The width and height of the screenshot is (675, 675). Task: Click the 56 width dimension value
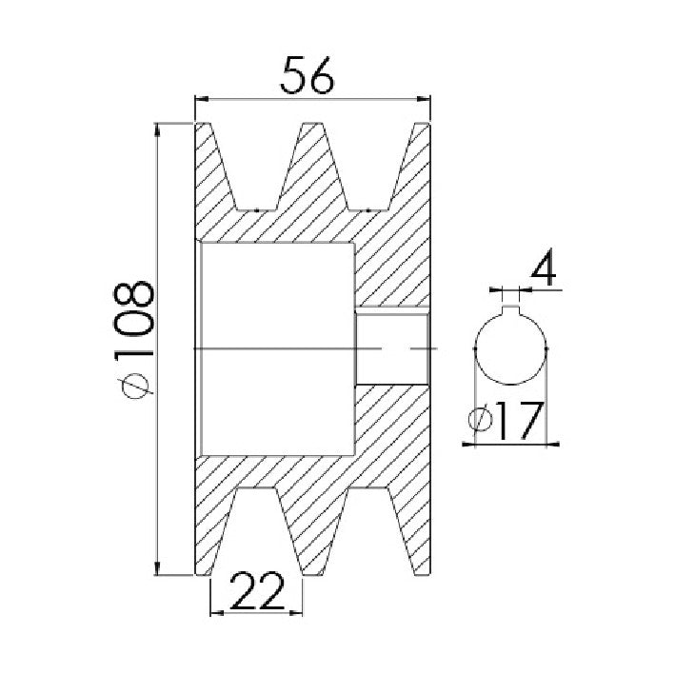(307, 75)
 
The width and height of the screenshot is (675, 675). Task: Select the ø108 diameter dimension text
(134, 340)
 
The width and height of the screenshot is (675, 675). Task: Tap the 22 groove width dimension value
(257, 591)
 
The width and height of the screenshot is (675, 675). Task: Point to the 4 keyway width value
(544, 267)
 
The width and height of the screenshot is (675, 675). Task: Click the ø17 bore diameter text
(506, 421)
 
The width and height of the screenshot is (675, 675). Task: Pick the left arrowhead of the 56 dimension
(202, 99)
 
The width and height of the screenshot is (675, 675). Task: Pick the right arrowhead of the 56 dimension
(424, 99)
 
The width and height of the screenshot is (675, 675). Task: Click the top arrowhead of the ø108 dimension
(158, 130)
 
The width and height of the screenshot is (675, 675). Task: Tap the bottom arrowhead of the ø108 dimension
(158, 568)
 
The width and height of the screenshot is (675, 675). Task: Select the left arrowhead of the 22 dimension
(216, 613)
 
